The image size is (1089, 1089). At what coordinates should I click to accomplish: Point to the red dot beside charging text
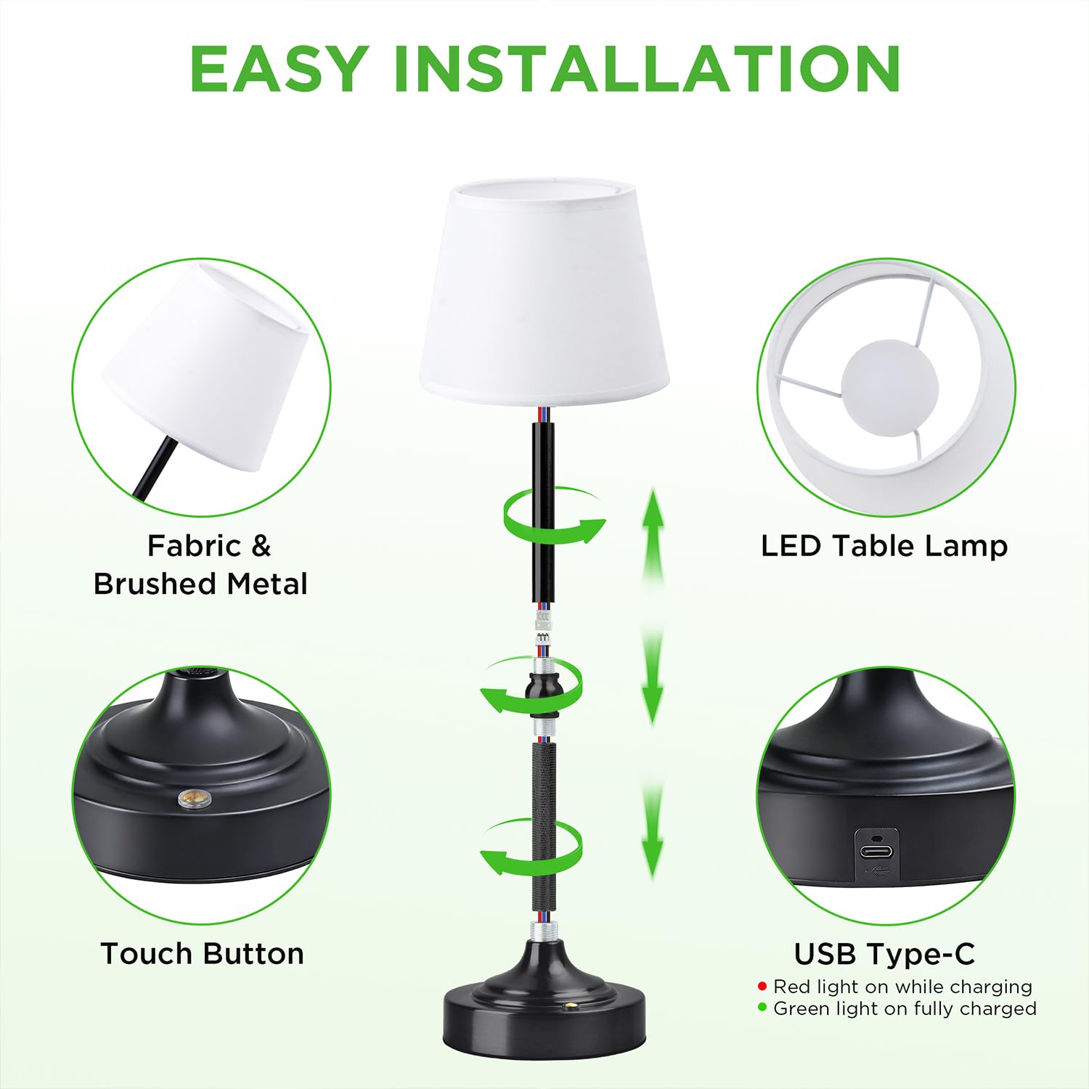(x=762, y=987)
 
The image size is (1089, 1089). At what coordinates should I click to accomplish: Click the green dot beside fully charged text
(x=762, y=1008)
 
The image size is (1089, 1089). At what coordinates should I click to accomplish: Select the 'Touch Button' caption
(x=202, y=953)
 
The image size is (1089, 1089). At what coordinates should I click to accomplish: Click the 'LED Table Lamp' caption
(x=884, y=546)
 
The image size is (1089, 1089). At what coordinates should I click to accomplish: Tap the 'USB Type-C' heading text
(x=884, y=954)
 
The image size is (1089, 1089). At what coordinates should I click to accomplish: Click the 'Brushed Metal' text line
(x=201, y=584)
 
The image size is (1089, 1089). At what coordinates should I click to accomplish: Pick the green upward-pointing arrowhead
(x=653, y=508)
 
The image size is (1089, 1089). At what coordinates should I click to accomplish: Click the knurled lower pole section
(x=544, y=824)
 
